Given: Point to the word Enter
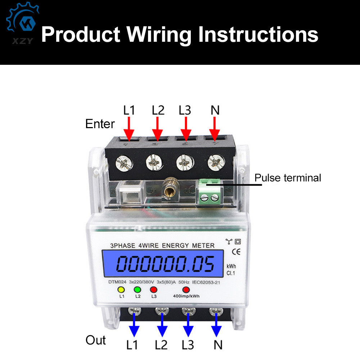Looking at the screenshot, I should click(x=100, y=124).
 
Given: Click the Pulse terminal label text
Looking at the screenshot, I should click(x=288, y=178).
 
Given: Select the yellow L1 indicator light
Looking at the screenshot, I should click(x=121, y=289).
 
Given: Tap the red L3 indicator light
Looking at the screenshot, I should click(x=154, y=289).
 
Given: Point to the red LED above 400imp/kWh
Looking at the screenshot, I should click(x=186, y=289).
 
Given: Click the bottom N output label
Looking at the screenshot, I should click(x=218, y=345).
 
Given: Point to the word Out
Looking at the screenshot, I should click(x=96, y=340).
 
